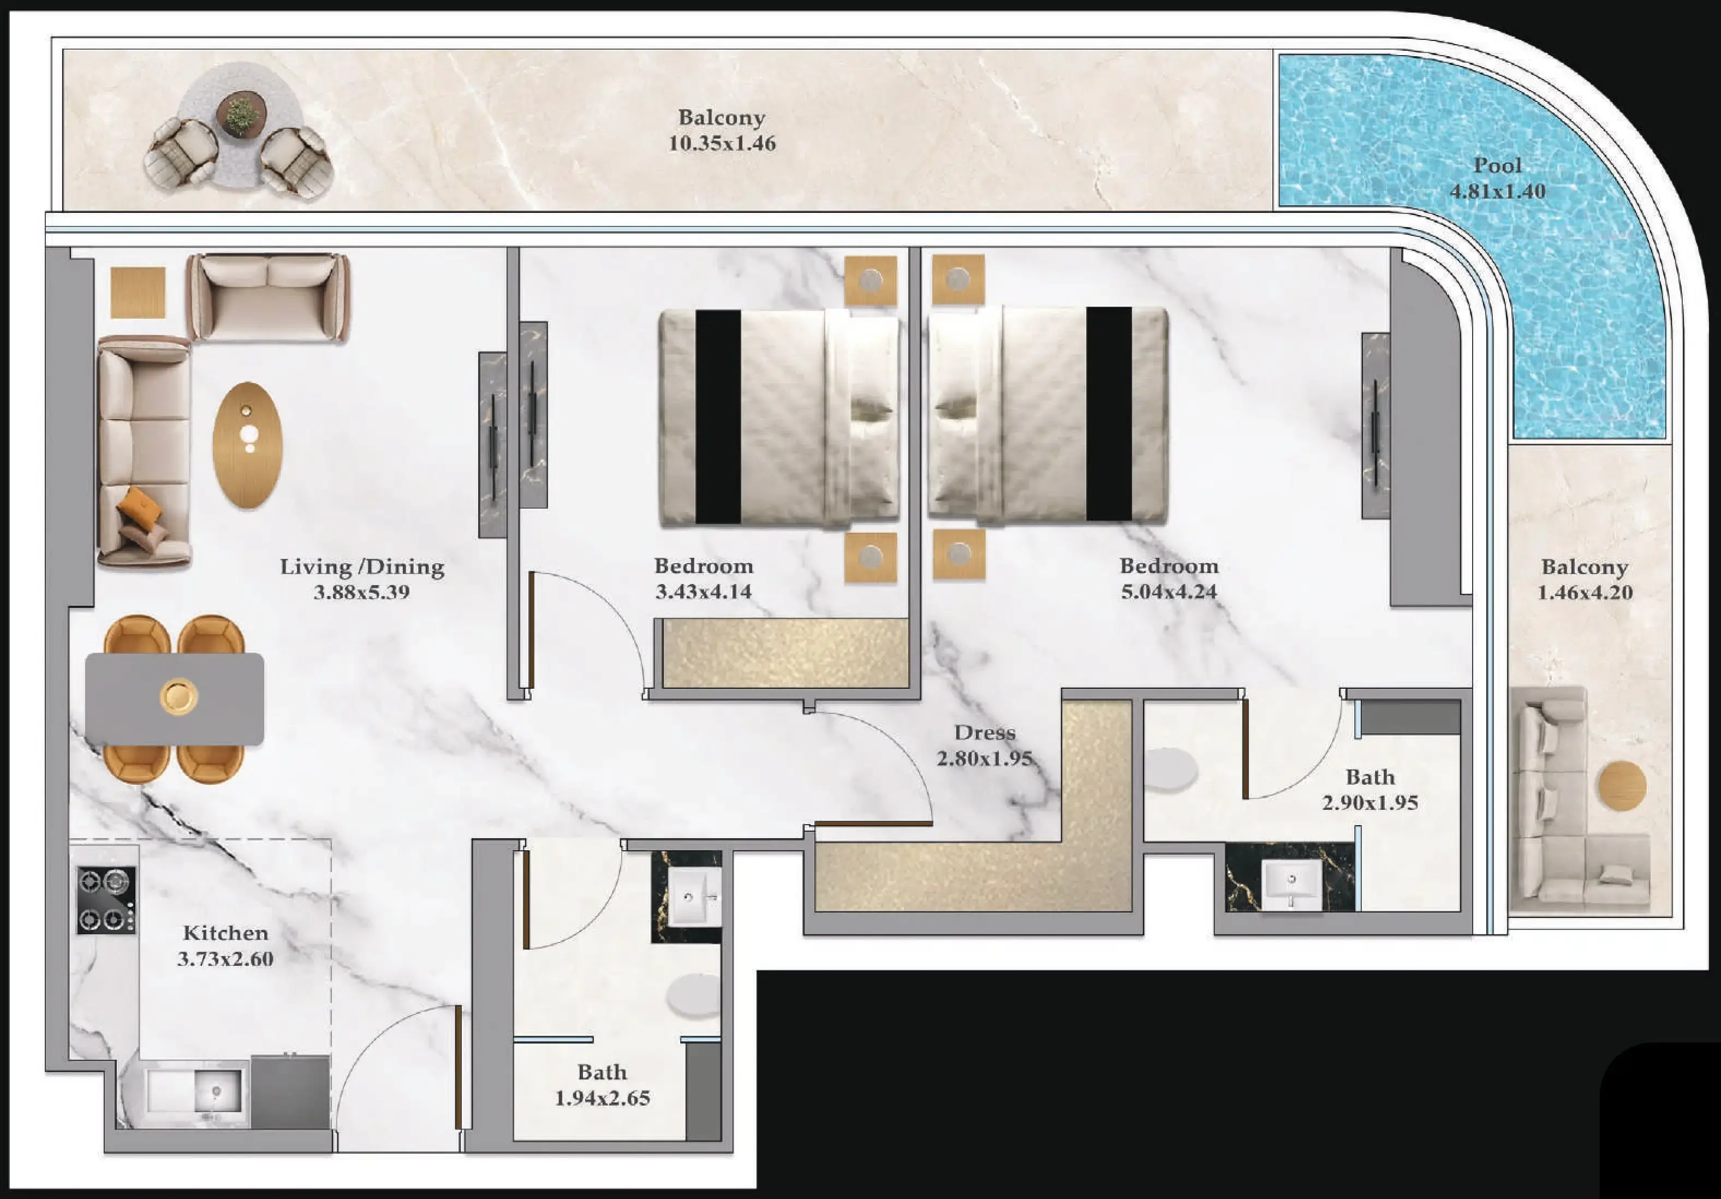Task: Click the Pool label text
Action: [1497, 165]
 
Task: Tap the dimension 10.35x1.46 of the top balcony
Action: [722, 143]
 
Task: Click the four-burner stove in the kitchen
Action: [106, 900]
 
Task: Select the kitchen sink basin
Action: [217, 1090]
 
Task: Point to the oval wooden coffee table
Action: [247, 445]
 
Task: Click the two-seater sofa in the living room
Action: [267, 297]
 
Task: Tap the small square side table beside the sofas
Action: [138, 293]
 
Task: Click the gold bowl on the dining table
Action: [178, 696]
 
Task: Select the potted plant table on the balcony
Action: [241, 115]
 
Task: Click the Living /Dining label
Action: [362, 566]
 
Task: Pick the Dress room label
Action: [984, 732]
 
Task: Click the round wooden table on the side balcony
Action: [1622, 785]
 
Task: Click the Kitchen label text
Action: [225, 933]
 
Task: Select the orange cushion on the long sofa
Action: [140, 504]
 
